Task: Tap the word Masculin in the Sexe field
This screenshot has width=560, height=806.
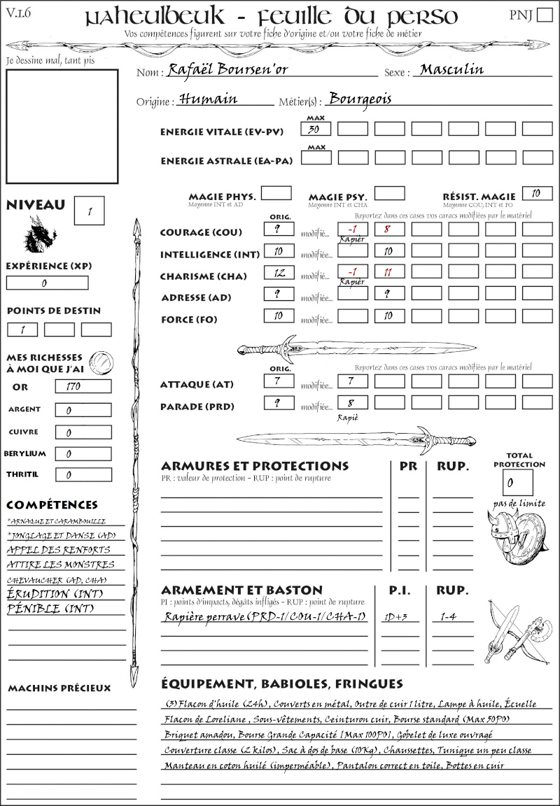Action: [451, 70]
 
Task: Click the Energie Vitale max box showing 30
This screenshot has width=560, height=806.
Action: [316, 129]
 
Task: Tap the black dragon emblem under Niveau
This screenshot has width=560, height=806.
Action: [40, 235]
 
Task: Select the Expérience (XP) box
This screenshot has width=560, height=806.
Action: [48, 283]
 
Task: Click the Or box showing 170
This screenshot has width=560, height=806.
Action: [83, 386]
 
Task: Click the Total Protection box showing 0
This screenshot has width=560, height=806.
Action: [517, 483]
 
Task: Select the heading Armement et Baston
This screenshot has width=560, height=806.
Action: [241, 590]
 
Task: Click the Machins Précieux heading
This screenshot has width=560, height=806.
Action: [59, 688]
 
